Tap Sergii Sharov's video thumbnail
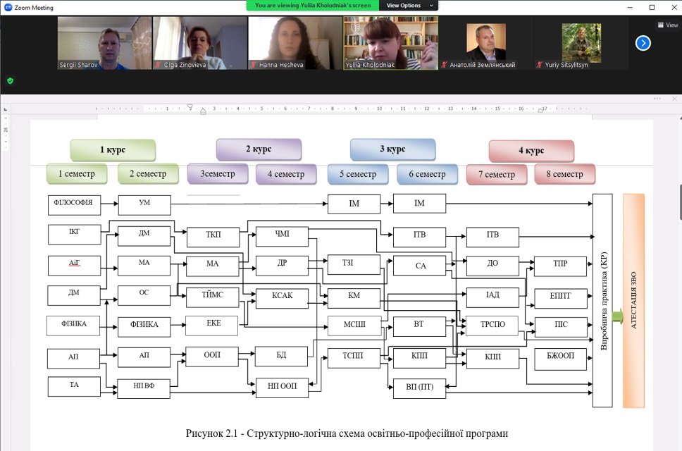[104, 43]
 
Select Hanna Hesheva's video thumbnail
[295, 43]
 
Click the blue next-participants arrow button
[643, 43]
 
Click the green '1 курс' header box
[112, 150]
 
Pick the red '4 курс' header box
[531, 151]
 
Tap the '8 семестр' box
[564, 174]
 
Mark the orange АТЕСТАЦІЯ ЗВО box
[633, 300]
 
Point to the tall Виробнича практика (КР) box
[602, 300]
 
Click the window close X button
[671, 7]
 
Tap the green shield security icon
[10, 81]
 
